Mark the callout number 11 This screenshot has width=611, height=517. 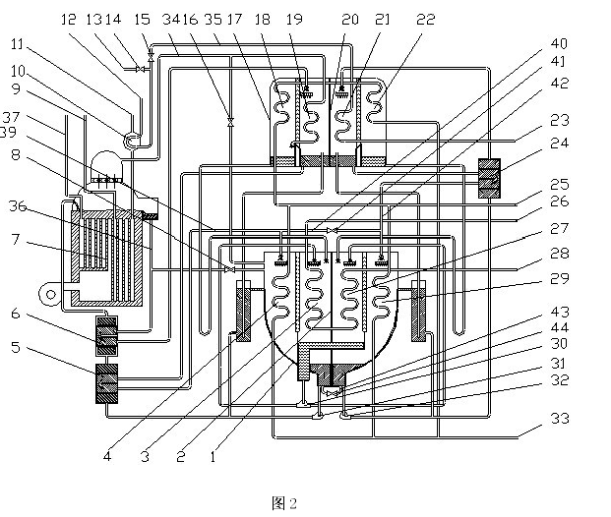(x=19, y=43)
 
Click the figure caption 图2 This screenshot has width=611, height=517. (x=283, y=503)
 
